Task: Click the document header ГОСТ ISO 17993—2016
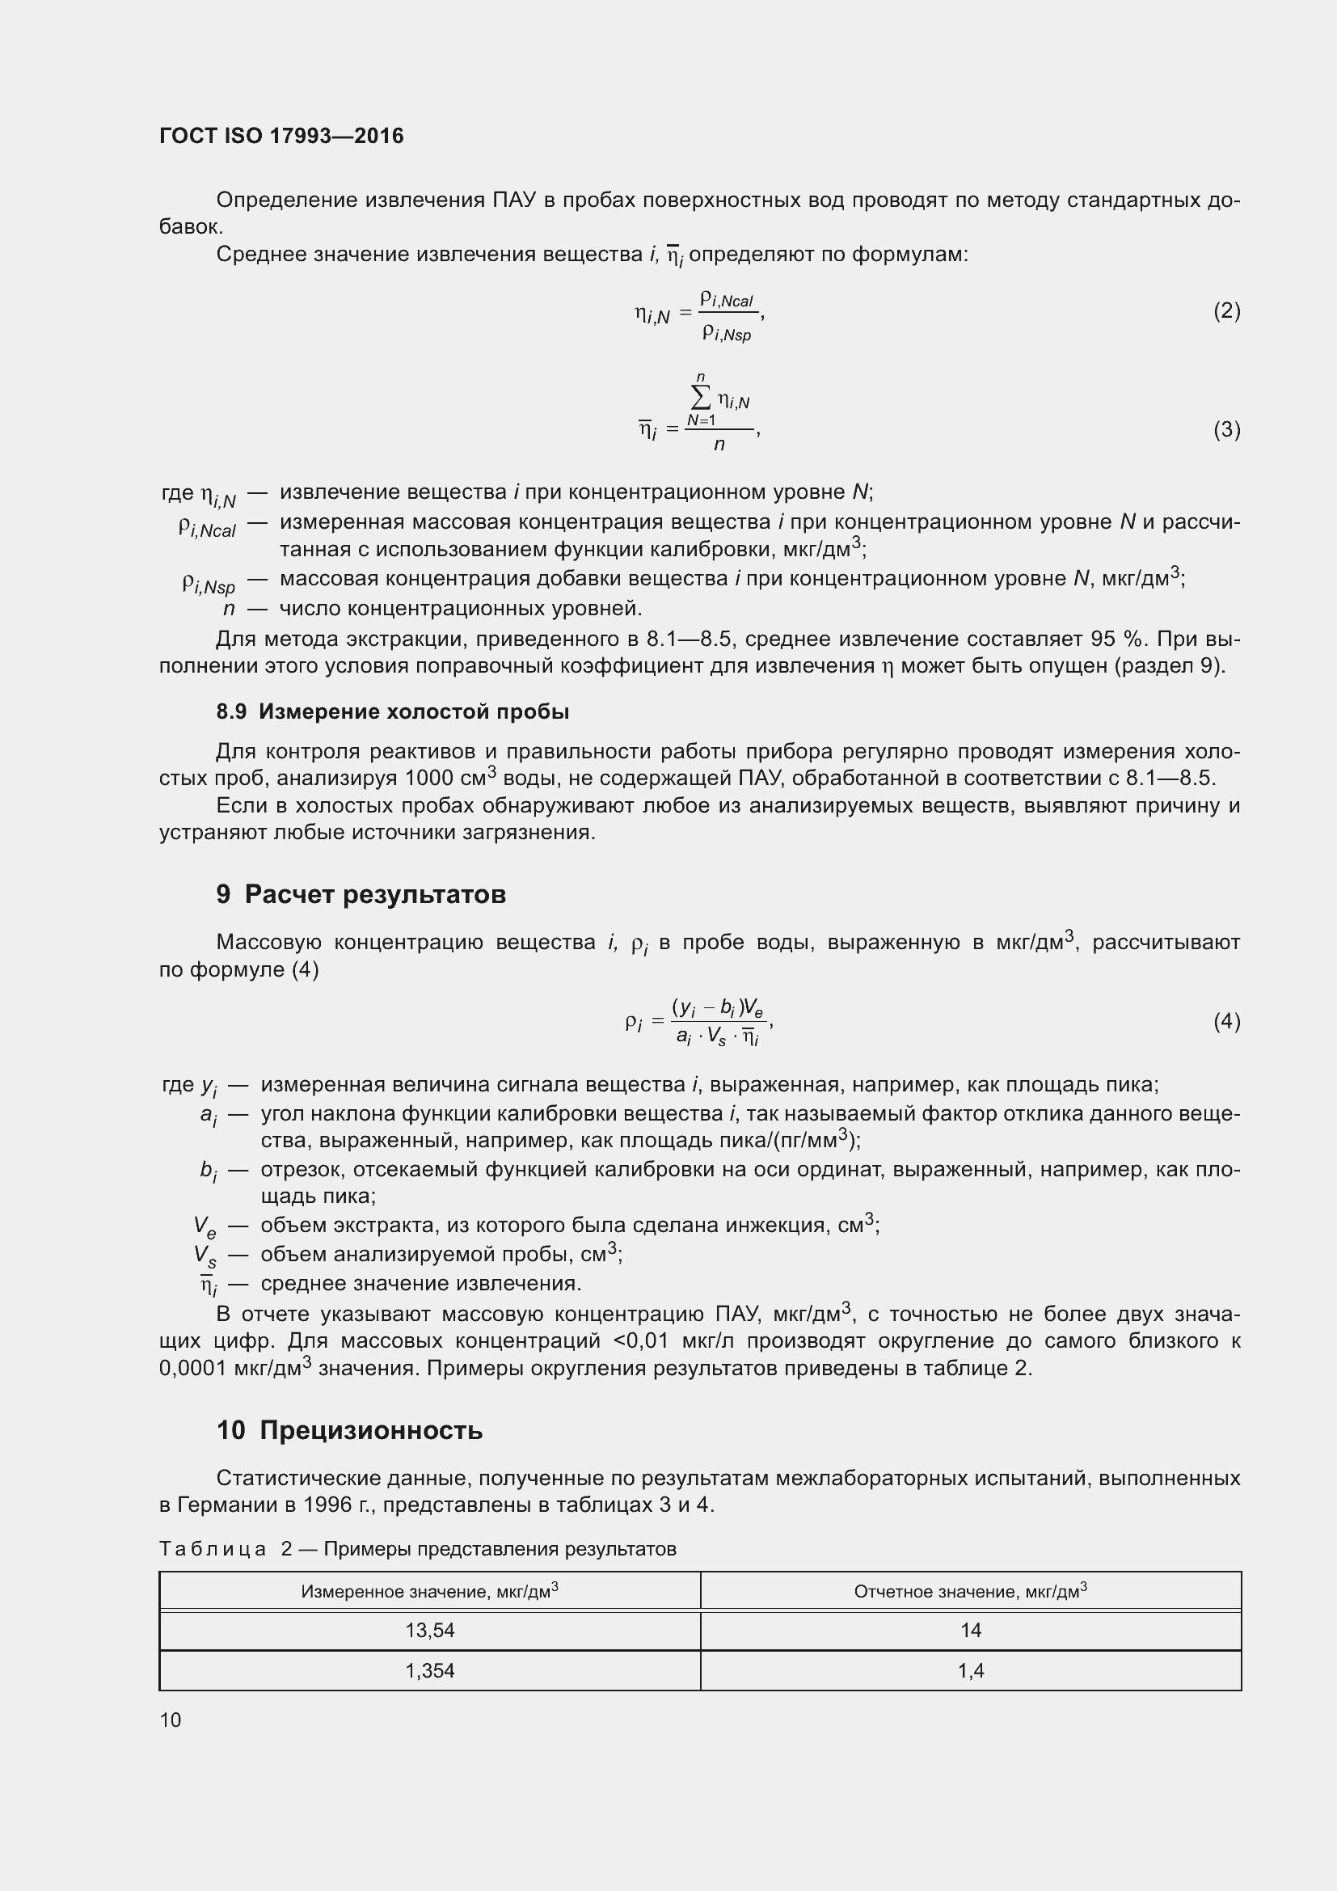[x=281, y=136]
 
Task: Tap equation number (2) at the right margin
[x=1226, y=311]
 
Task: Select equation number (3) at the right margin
[x=1226, y=430]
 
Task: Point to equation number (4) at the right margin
[x=1226, y=1022]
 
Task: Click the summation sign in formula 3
[x=700, y=399]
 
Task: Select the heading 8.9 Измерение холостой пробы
[x=393, y=711]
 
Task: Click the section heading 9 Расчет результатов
[x=361, y=894]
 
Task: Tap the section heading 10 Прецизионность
[x=350, y=1431]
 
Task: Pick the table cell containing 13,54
[x=430, y=1631]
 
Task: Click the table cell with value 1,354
[x=430, y=1671]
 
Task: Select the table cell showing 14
[x=971, y=1631]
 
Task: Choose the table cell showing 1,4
[x=971, y=1671]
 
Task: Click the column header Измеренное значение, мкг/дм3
[x=430, y=1591]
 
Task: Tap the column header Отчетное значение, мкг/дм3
[x=971, y=1591]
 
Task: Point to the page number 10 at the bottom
[x=171, y=1720]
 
